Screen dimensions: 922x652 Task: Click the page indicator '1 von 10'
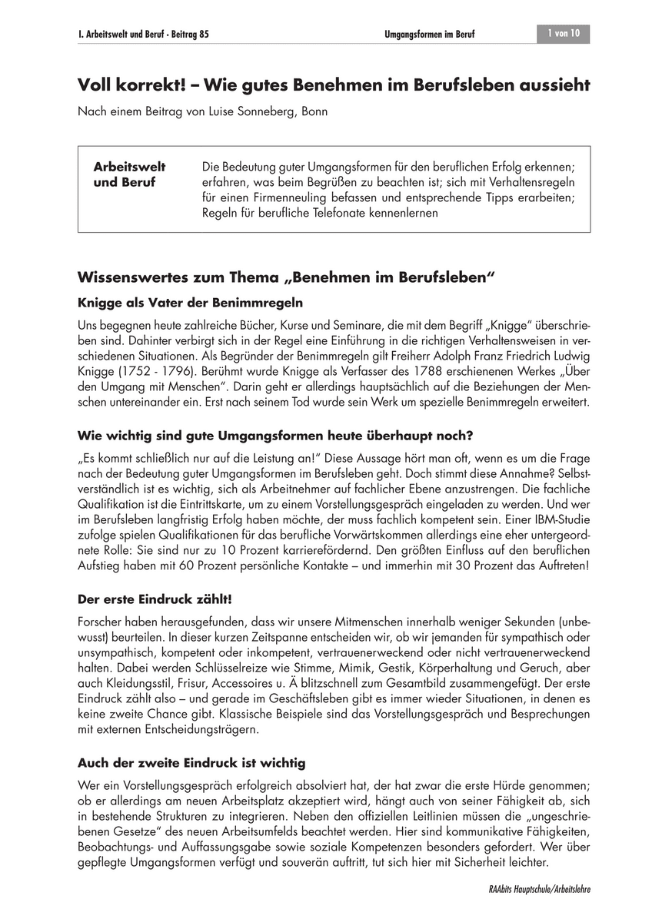(564, 34)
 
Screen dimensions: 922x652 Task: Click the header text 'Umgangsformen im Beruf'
(429, 35)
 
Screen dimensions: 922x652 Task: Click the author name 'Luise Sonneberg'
(250, 111)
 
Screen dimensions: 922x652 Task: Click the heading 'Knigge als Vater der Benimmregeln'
(191, 302)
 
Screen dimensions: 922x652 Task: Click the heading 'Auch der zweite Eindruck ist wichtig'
(192, 763)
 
